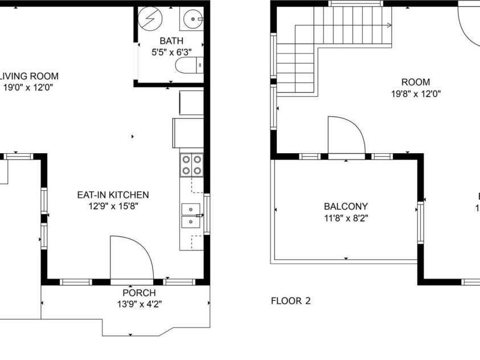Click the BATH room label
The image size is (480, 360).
pyautogui.click(x=171, y=41)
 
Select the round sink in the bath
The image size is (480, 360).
pyautogui.click(x=194, y=19)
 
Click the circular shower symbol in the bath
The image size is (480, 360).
pyautogui.click(x=151, y=19)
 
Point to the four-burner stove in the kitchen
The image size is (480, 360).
pyautogui.click(x=192, y=164)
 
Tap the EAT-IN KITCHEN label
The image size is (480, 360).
pyautogui.click(x=113, y=195)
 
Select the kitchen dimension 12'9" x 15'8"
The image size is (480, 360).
pyautogui.click(x=113, y=206)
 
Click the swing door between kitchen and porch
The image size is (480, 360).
pyautogui.click(x=131, y=259)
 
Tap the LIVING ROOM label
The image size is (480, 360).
pyautogui.click(x=29, y=76)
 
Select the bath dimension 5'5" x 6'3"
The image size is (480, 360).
pyautogui.click(x=171, y=52)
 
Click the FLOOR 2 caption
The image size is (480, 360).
pyautogui.click(x=291, y=301)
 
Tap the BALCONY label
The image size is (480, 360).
pyautogui.click(x=346, y=207)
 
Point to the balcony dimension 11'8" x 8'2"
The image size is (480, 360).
pyautogui.click(x=346, y=217)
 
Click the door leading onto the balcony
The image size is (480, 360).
pyautogui.click(x=346, y=137)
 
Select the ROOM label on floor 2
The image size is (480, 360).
pyautogui.click(x=415, y=82)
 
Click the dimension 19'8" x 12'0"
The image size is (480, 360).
pyautogui.click(x=415, y=93)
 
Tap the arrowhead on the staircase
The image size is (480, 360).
pyautogui.click(x=389, y=25)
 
